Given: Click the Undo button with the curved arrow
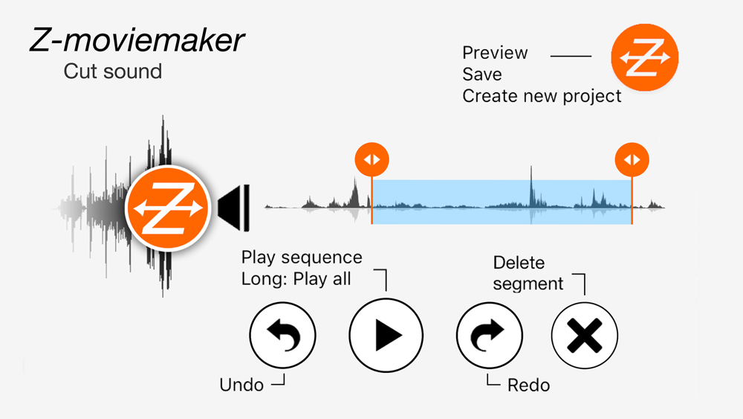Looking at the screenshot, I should pyautogui.click(x=283, y=334).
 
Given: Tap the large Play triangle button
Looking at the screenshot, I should pyautogui.click(x=386, y=334).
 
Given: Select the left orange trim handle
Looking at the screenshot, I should pyautogui.click(x=371, y=159).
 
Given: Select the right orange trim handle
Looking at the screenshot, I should pyautogui.click(x=632, y=159).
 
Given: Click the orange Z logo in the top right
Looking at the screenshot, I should pyautogui.click(x=644, y=59).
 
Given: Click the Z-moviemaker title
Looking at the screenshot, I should pyautogui.click(x=136, y=41).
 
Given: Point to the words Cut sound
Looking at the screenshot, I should pyautogui.click(x=112, y=71).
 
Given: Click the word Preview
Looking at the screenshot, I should pyautogui.click(x=495, y=54).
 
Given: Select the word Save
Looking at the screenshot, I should pyautogui.click(x=481, y=74).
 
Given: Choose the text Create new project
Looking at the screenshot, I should pyautogui.click(x=542, y=96).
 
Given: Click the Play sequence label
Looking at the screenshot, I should pyautogui.click(x=302, y=258).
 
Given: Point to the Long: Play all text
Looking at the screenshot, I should pyautogui.click(x=296, y=279).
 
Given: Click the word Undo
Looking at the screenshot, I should pyautogui.click(x=241, y=385).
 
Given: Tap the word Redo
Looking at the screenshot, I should pyautogui.click(x=528, y=385).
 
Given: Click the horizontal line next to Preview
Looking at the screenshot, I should pyautogui.click(x=571, y=56).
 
